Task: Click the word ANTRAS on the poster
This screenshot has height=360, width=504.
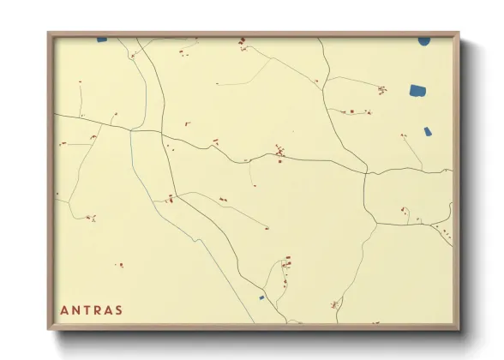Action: point(92,310)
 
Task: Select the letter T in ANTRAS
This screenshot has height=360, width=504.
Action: point(87,310)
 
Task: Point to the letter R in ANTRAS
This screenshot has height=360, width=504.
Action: point(98,310)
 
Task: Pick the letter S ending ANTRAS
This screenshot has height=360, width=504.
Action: point(119,310)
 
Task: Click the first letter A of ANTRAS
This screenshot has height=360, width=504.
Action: point(65,310)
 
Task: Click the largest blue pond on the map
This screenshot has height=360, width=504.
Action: point(417,90)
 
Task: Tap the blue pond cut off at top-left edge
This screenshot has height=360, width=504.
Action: point(102,39)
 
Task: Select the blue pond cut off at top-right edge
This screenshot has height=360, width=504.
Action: point(424,39)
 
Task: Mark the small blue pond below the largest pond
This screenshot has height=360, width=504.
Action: point(428,131)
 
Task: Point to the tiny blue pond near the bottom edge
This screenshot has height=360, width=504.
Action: point(261,297)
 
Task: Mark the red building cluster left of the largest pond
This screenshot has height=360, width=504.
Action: point(381,89)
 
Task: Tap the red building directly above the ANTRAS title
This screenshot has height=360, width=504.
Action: point(119,265)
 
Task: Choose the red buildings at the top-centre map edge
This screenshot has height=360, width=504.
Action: point(243,41)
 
